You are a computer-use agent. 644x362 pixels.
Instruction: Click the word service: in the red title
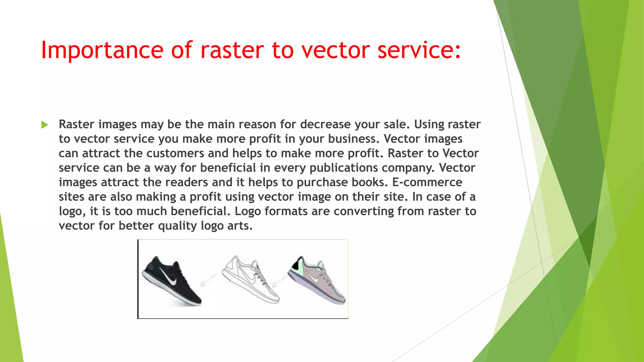click(x=419, y=50)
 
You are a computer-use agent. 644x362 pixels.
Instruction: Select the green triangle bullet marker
click(x=45, y=125)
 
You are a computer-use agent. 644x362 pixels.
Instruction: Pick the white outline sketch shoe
click(x=250, y=280)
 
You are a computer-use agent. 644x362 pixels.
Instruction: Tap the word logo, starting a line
click(x=72, y=211)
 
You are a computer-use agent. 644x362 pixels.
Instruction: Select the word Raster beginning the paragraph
click(x=76, y=124)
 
